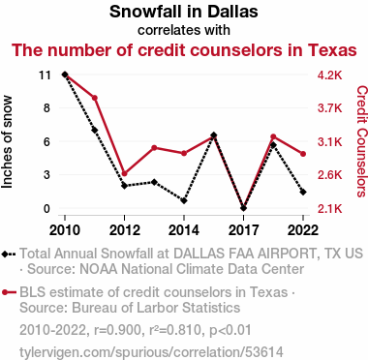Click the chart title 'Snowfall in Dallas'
[x=184, y=12]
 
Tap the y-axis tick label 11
[x=45, y=75]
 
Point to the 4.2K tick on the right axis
[x=329, y=75]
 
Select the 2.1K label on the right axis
[x=329, y=209]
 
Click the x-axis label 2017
[x=243, y=230]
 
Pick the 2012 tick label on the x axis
[x=125, y=230]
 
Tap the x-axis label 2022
[x=303, y=230]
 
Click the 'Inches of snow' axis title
[x=7, y=142]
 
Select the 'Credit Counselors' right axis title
[x=362, y=141]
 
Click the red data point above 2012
[x=125, y=173]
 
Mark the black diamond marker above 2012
[x=125, y=186]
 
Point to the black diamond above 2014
[x=184, y=200]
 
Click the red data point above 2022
[x=303, y=154]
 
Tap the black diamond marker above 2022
[x=303, y=192]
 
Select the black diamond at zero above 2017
[x=243, y=208]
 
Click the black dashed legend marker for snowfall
[x=9, y=254]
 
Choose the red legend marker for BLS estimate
[x=9, y=292]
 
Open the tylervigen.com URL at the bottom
[x=151, y=352]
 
